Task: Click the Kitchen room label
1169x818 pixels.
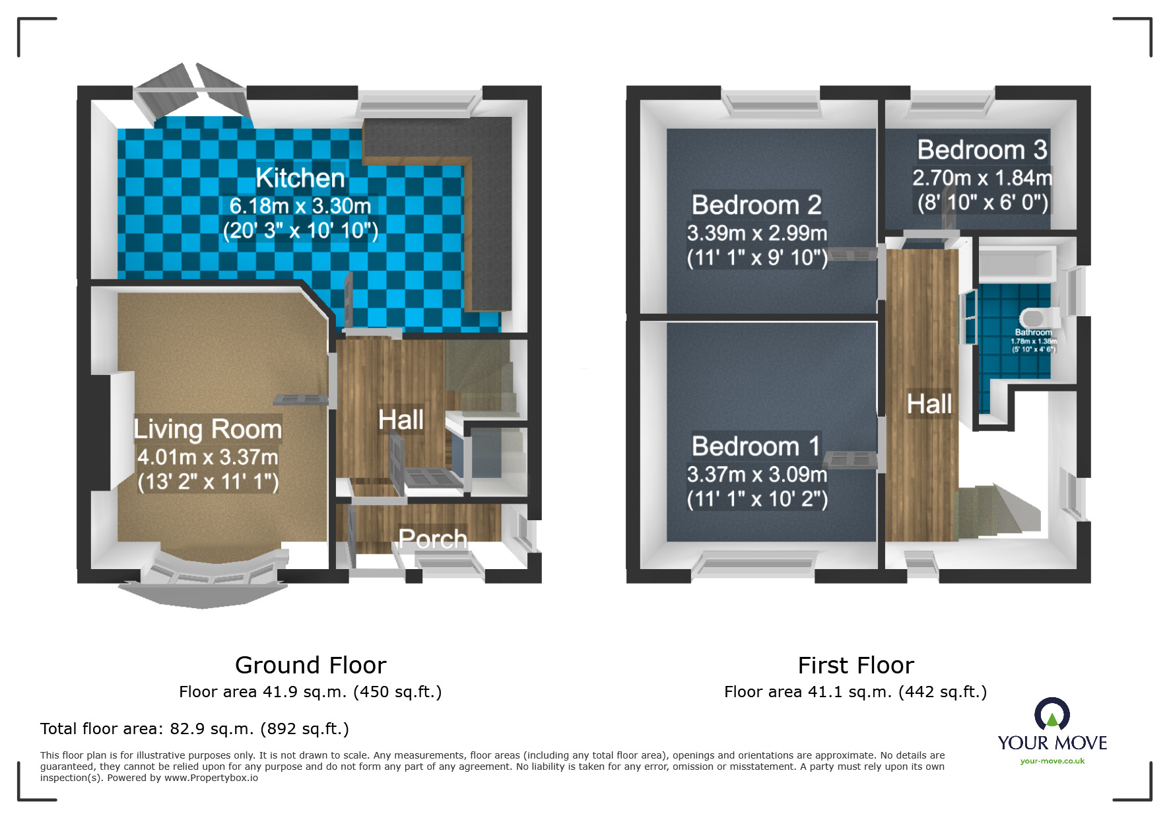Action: coord(300,178)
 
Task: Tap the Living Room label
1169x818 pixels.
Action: coord(208,429)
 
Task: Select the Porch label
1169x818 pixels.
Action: coord(433,539)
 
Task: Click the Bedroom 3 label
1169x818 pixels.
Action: coord(982,150)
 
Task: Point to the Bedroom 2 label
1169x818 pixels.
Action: coord(756,205)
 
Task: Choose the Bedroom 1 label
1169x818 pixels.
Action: coord(756,446)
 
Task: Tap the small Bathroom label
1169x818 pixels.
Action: coord(1034,332)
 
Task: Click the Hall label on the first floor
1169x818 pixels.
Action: coord(929,403)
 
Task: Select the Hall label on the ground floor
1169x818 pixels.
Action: coord(401,419)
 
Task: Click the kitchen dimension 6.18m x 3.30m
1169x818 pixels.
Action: coord(300,206)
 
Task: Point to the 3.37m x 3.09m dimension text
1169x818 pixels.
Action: coord(757,474)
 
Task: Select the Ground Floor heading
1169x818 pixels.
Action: coord(311,665)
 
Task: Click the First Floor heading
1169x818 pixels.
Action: coord(856,665)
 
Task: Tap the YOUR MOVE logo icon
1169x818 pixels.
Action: coord(1052,714)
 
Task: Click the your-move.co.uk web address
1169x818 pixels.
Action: coord(1052,761)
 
